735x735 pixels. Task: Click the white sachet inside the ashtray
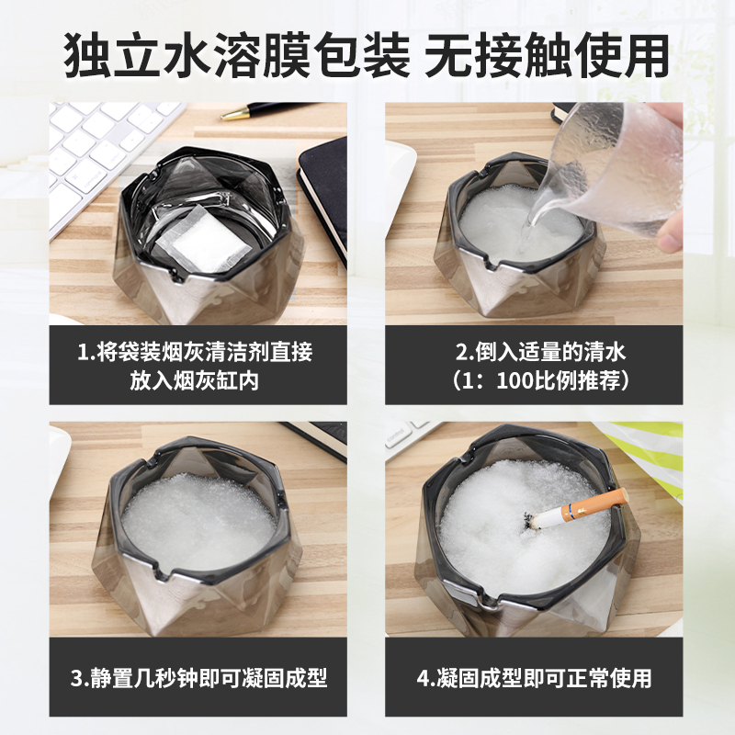coord(201,240)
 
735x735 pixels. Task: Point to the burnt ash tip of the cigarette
coord(531,519)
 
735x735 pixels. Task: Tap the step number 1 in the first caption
coord(83,353)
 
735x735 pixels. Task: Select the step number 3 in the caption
coord(76,678)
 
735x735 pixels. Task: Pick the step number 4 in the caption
coord(423,678)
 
